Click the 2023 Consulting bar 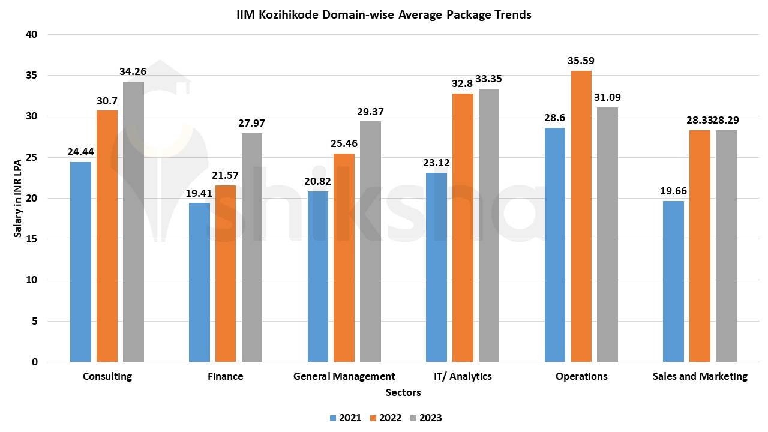[x=133, y=222]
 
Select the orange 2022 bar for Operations [x=581, y=216]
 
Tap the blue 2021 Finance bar [x=199, y=282]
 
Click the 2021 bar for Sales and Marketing [x=673, y=281]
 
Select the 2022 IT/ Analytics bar [x=463, y=228]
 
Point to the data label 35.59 [x=581, y=61]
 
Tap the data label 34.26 [x=133, y=71]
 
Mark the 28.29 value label [x=727, y=120]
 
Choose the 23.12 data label [x=436, y=162]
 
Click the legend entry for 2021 [x=346, y=418]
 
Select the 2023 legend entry [x=426, y=418]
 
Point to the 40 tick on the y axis [x=32, y=35]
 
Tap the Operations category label [x=581, y=376]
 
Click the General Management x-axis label [x=344, y=376]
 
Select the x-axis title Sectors [x=403, y=392]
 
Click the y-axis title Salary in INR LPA [x=18, y=198]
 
